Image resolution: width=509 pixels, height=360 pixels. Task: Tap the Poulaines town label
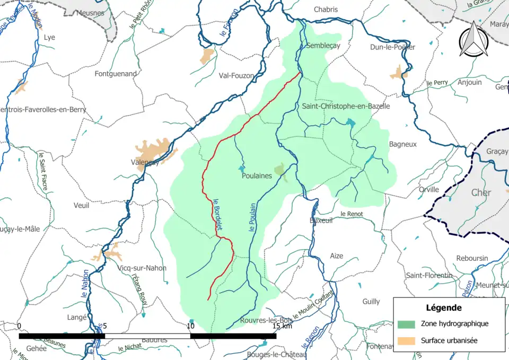coord(257,175)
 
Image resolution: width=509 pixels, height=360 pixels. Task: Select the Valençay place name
coord(145,163)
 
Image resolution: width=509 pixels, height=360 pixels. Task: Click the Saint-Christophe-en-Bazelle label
coord(346,106)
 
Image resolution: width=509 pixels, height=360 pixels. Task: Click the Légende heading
coord(443,308)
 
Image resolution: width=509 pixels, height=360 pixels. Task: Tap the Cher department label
coord(481,192)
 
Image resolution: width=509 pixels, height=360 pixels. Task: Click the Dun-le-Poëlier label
coord(393,47)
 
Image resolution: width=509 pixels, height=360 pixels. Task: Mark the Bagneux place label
coord(403,144)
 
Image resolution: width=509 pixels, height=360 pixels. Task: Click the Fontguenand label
coord(116,74)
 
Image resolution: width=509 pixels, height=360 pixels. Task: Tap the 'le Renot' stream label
coord(350,214)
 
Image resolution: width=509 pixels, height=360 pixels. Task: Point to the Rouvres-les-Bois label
coord(266,320)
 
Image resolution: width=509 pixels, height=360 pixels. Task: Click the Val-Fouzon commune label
coord(236,76)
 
